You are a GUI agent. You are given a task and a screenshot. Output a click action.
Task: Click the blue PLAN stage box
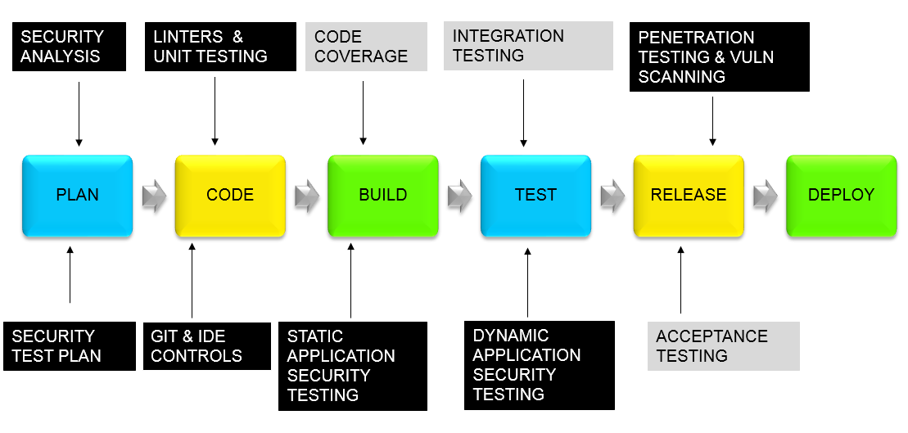pyautogui.click(x=77, y=195)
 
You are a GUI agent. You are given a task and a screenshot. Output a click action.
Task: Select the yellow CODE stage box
pyautogui.click(x=230, y=195)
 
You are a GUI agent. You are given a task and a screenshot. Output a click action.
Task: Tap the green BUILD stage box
pyautogui.click(x=383, y=195)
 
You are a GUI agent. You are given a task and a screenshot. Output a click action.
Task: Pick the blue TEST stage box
pyautogui.click(x=535, y=195)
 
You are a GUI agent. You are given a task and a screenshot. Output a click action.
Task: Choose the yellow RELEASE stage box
pyautogui.click(x=689, y=195)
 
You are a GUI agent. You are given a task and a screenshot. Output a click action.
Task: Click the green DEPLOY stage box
pyautogui.click(x=841, y=195)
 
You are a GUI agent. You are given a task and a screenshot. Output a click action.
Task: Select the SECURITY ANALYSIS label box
pyautogui.click(x=70, y=47)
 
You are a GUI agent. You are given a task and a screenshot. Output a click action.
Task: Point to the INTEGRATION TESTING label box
pyautogui.click(x=527, y=47)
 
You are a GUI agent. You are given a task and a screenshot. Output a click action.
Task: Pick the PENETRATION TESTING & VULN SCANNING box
pyautogui.click(x=720, y=56)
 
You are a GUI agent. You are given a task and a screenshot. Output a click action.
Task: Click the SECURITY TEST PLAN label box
pyautogui.click(x=69, y=346)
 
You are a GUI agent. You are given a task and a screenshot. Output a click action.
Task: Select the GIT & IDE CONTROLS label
pyautogui.click(x=206, y=346)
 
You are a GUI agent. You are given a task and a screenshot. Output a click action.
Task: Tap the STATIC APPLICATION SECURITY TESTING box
pyautogui.click(x=352, y=366)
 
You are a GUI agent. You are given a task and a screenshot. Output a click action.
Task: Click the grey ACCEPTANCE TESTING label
pyautogui.click(x=723, y=346)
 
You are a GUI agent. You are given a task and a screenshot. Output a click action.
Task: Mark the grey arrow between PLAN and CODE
pyautogui.click(x=154, y=196)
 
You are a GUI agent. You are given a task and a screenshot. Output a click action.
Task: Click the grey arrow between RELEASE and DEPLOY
pyautogui.click(x=766, y=196)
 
